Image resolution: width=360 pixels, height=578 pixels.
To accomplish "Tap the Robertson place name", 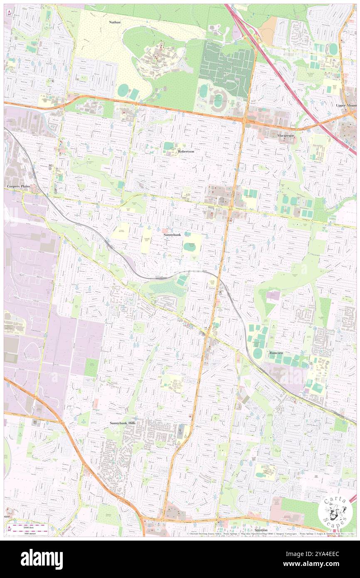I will [x=186, y=151].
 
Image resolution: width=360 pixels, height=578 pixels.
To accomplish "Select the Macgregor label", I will [x=286, y=136].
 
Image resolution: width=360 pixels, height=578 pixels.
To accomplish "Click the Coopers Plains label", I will [x=18, y=187].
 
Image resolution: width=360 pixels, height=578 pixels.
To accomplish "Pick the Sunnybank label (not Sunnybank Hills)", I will [x=172, y=235].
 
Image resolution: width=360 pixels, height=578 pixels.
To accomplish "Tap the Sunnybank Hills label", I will [x=122, y=423].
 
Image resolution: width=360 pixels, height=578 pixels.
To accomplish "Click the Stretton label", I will [x=261, y=531].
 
